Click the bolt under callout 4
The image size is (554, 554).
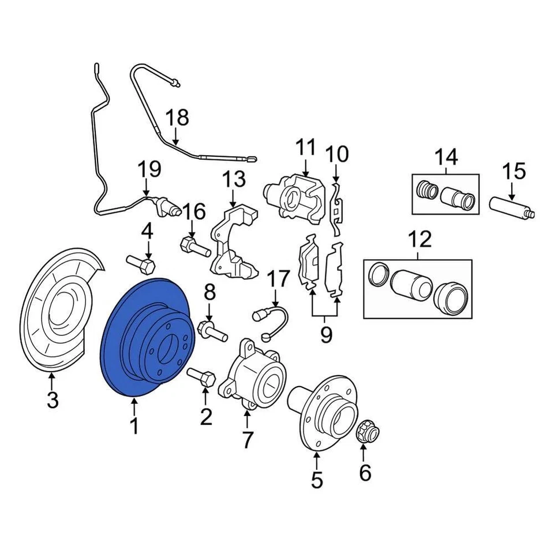142,265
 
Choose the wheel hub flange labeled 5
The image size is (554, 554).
323,410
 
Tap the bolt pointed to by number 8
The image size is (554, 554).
211,331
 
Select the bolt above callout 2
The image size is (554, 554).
202,377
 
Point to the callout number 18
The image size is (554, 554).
177,118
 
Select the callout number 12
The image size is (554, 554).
420,238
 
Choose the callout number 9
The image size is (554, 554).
326,334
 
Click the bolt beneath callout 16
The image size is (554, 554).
194,248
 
